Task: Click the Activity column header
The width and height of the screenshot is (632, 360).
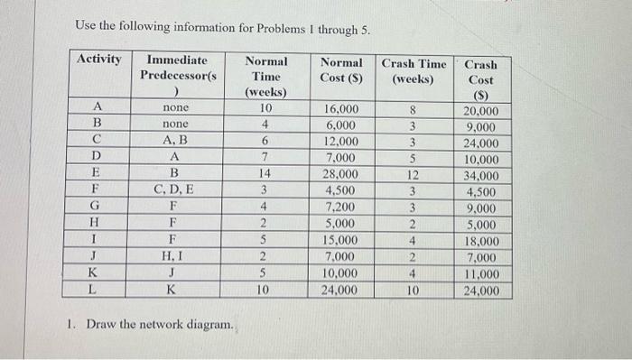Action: [x=99, y=60]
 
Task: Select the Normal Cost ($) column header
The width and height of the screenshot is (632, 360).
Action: [x=341, y=71]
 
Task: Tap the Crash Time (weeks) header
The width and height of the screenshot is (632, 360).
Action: [x=414, y=71]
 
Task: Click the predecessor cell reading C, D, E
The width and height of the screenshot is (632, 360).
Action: [x=175, y=191]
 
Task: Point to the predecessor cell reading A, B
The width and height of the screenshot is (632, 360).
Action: [x=175, y=142]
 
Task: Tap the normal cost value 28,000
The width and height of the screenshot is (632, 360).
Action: [x=341, y=175]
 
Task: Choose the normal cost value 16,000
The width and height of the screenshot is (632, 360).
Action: [x=341, y=109]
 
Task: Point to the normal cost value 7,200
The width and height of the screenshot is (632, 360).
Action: [x=341, y=208]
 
